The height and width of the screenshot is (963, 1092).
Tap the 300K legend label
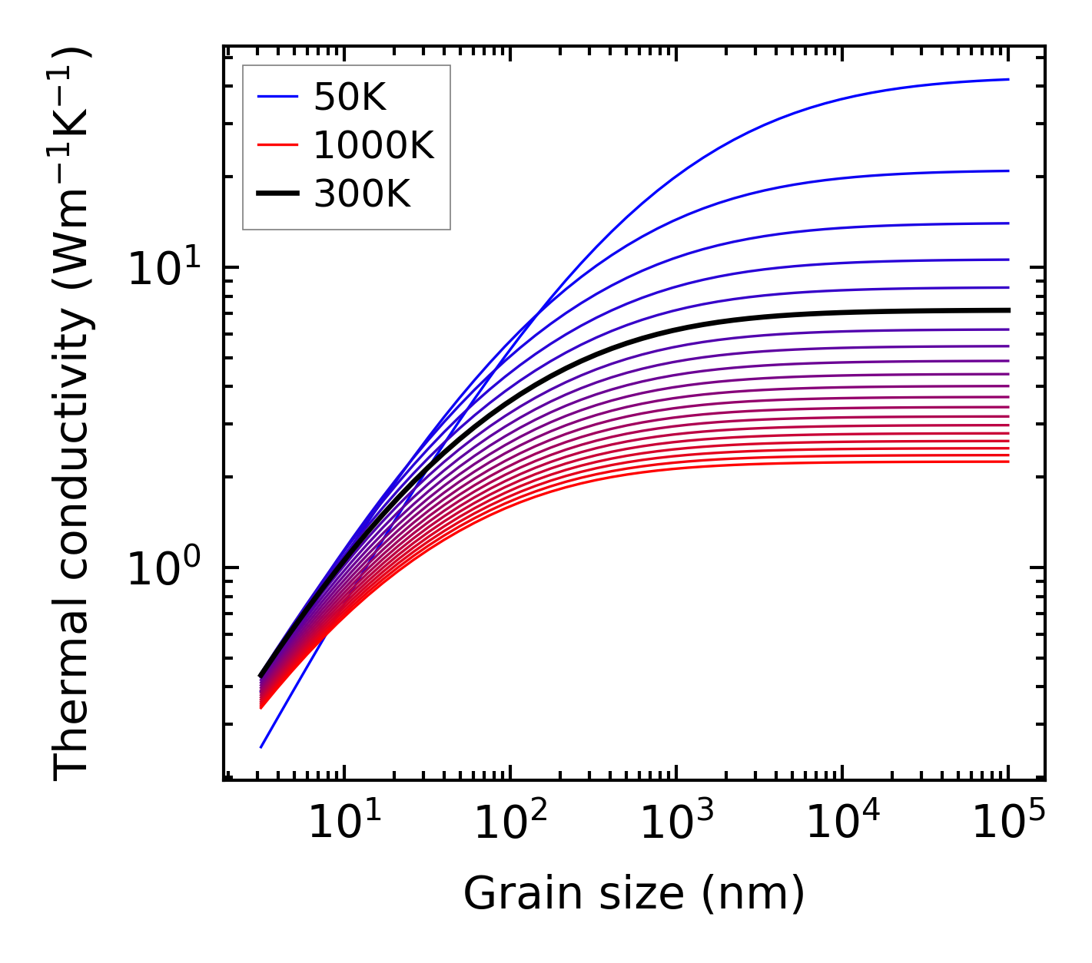pos(362,194)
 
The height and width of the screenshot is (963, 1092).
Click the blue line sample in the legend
pos(277,97)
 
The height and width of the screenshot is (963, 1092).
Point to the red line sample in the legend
pos(277,144)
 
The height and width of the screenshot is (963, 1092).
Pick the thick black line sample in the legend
pos(277,194)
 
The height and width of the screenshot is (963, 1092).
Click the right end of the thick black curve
pos(1008,310)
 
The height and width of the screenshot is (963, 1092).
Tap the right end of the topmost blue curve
pos(1008,79)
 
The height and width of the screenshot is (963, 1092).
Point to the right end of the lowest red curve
pos(1008,462)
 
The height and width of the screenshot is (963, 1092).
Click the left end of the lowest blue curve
pos(261,747)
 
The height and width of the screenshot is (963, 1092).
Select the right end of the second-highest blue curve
pos(1008,171)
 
